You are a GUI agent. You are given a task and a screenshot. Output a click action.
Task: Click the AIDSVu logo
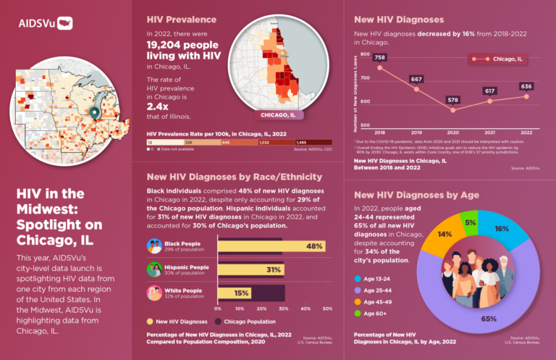pyautogui.click(x=44, y=22)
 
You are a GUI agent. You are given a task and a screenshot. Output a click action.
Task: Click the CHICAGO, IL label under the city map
pyautogui.click(x=277, y=114)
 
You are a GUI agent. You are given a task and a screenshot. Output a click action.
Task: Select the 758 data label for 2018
pyautogui.click(x=380, y=57)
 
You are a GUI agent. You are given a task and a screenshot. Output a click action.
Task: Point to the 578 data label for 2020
pyautogui.click(x=453, y=99)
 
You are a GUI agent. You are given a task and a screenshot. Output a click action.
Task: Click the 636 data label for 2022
pyautogui.click(x=526, y=86)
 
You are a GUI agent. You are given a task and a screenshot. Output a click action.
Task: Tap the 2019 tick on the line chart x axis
pyautogui.click(x=416, y=133)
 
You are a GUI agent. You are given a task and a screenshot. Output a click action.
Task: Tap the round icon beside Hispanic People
pyautogui.click(x=154, y=269)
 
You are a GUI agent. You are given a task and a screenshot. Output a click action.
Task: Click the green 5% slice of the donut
pyautogui.click(x=470, y=223)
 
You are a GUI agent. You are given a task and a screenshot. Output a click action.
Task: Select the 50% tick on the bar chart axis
pyautogui.click(x=327, y=308)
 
